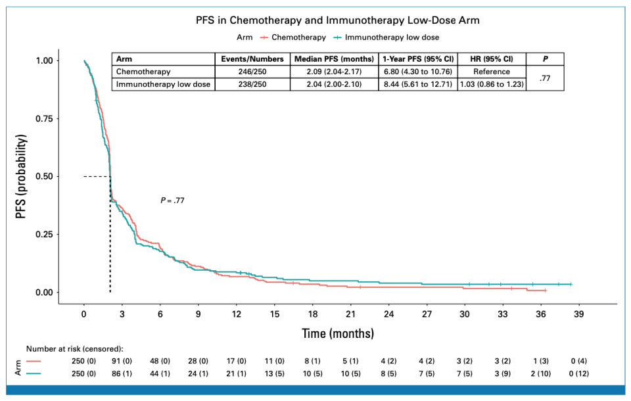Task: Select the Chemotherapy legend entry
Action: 298,37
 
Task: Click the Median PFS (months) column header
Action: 335,59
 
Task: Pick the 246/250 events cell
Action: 252,72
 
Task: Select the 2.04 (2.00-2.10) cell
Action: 335,84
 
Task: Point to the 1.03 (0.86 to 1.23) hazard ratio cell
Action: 491,84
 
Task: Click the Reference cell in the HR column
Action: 491,72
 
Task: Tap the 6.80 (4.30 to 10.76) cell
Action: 418,72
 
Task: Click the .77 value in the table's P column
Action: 545,78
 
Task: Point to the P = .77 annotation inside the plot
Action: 172,200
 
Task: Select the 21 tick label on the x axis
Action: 350,314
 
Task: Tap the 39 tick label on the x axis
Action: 578,314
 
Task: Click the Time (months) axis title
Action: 338,333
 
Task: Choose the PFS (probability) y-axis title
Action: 22,176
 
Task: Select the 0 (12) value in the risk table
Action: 578,373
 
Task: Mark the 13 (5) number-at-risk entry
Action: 274,373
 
